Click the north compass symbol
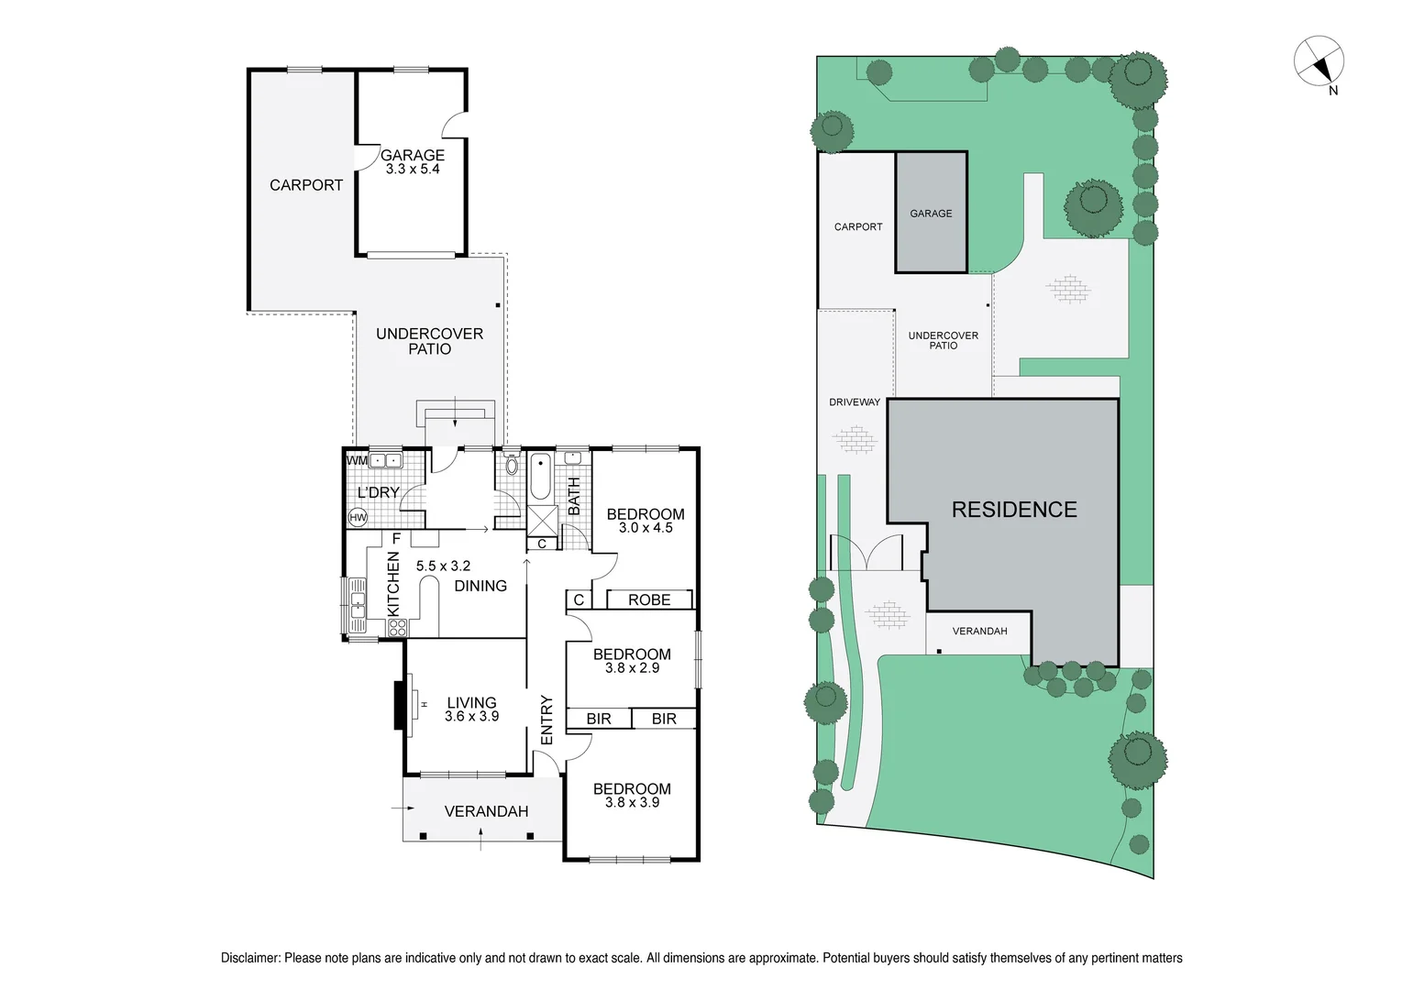tap(1319, 62)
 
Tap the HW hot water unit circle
tap(358, 518)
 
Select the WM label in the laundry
tap(357, 460)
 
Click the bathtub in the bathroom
tap(541, 476)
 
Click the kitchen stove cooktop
tap(398, 628)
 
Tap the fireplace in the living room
tap(401, 704)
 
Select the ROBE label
tap(649, 599)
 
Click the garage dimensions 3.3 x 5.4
tap(413, 170)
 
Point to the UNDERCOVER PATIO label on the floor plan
tap(429, 341)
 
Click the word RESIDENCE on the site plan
tap(1014, 510)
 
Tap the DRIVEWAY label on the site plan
tap(855, 401)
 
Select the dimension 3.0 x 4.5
tap(646, 528)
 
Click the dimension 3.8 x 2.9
tap(632, 668)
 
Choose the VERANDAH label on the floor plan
tap(486, 811)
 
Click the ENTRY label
tap(546, 720)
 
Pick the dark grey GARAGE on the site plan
tap(931, 214)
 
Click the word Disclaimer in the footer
tap(249, 958)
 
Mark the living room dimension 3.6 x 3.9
tap(471, 717)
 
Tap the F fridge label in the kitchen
tap(396, 539)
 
